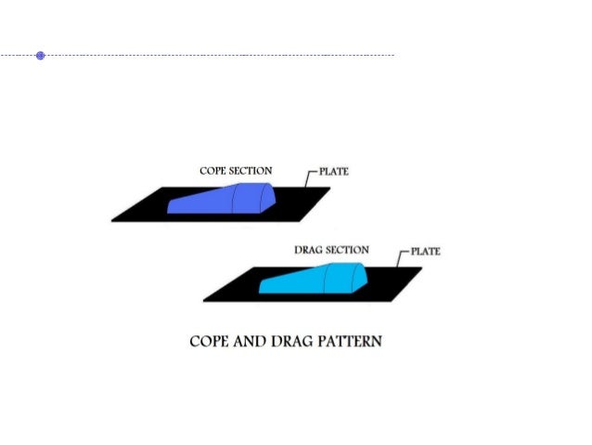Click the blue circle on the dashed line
[x=40, y=56]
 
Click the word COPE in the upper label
[x=214, y=171]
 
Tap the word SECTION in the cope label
[x=252, y=171]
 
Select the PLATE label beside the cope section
[x=333, y=172]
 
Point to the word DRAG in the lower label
[x=308, y=250]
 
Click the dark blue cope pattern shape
[x=218, y=200]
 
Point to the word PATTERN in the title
[x=351, y=341]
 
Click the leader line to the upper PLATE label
[x=309, y=177]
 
